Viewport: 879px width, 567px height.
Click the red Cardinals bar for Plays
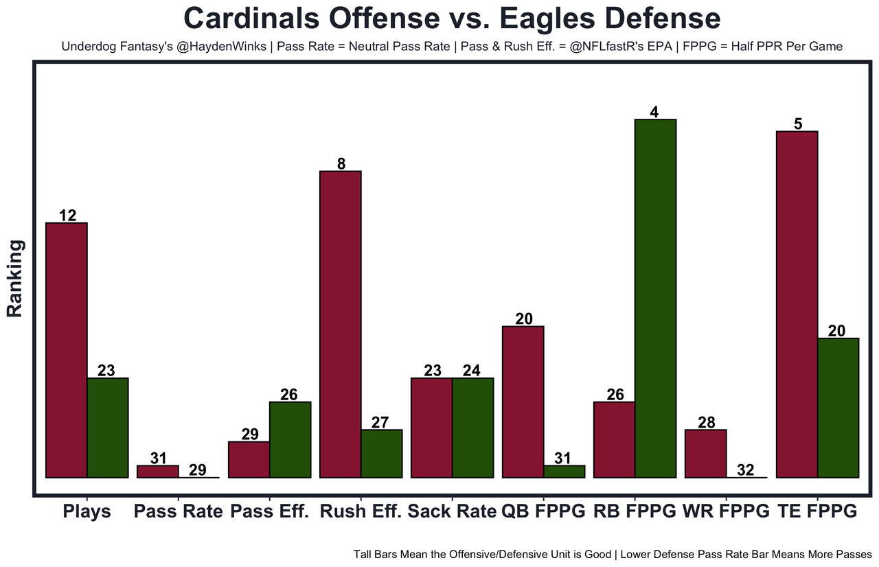click(67, 350)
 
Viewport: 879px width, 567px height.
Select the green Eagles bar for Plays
click(108, 428)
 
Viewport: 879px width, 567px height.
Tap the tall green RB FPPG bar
click(656, 299)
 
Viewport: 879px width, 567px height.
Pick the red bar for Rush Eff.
click(341, 324)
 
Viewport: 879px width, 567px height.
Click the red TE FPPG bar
click(797, 304)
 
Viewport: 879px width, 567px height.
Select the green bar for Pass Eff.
click(290, 439)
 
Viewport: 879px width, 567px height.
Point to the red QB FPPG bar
click(523, 402)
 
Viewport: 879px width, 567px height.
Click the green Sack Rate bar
click(473, 428)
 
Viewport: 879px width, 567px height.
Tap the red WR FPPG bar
click(706, 453)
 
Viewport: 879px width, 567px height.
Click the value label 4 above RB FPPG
click(655, 112)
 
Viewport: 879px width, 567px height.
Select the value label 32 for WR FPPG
click(745, 470)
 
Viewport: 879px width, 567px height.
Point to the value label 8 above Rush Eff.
click(341, 163)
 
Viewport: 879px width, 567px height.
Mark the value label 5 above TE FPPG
click(798, 124)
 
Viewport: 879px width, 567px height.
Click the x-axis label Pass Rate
click(179, 511)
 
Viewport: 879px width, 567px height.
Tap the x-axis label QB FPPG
click(543, 511)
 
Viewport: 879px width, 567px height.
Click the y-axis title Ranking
click(15, 278)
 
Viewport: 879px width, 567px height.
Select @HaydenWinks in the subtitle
click(223, 47)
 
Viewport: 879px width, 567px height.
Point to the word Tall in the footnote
click(363, 553)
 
